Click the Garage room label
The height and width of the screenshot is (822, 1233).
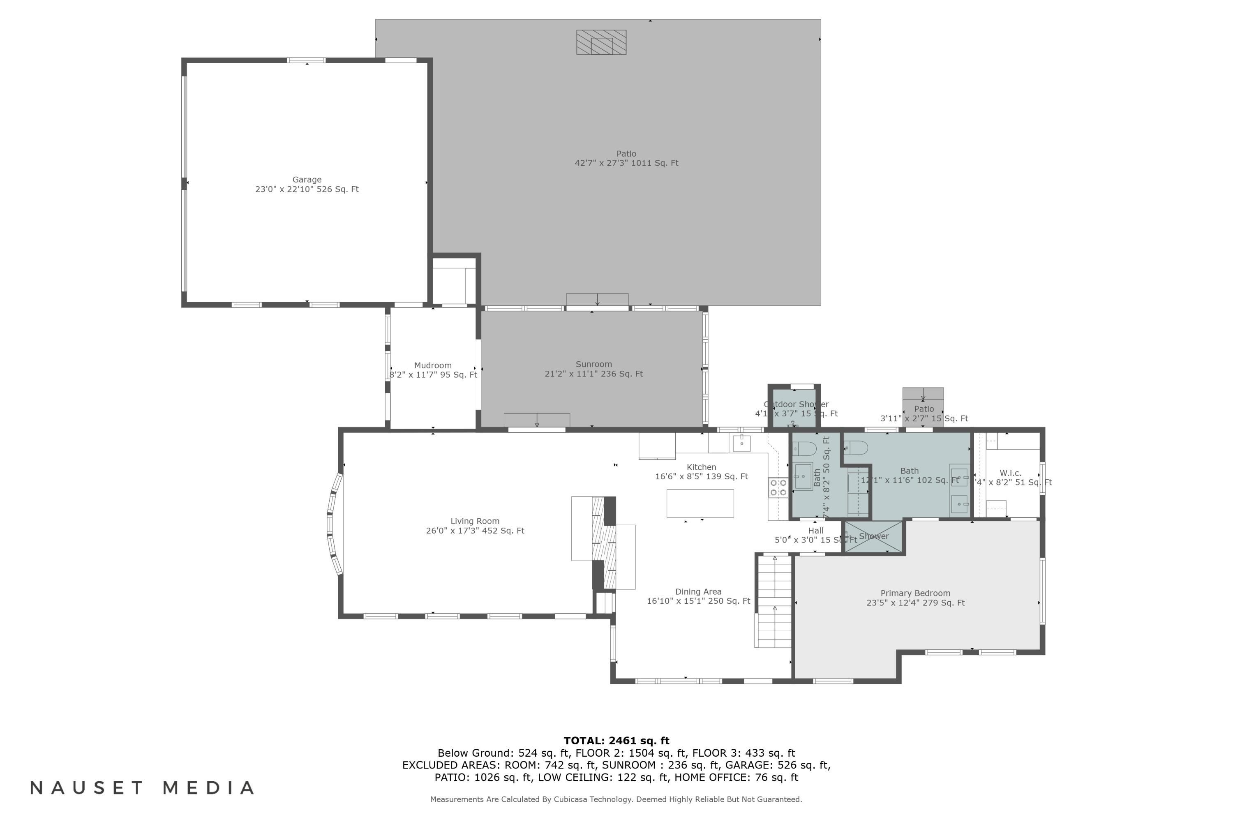pos(307,184)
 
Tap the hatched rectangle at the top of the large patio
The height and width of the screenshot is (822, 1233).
pos(601,42)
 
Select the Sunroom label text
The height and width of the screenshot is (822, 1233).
pos(593,369)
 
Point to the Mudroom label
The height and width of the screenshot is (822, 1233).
pos(433,369)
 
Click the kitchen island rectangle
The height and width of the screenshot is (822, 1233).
pos(700,503)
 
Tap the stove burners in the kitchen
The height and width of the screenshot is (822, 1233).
pos(778,487)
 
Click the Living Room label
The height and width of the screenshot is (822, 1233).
pos(475,525)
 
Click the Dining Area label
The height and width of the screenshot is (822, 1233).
pos(698,596)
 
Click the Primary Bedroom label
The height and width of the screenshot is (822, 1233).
pos(915,598)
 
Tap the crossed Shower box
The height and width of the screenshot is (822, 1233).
pos(873,537)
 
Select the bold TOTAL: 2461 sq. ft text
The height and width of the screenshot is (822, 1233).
pos(616,741)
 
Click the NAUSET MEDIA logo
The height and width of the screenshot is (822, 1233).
pos(142,787)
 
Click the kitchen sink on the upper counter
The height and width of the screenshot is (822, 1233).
pos(742,443)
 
